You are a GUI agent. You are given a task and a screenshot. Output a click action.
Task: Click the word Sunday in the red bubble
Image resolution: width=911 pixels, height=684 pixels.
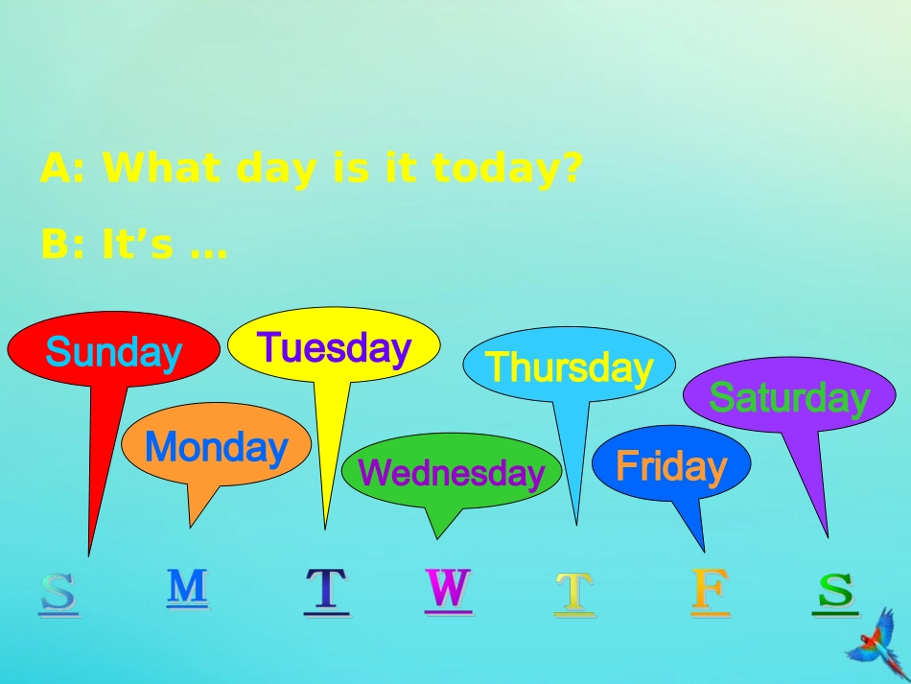(113, 352)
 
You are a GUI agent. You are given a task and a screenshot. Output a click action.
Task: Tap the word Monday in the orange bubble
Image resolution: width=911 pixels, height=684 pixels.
(216, 447)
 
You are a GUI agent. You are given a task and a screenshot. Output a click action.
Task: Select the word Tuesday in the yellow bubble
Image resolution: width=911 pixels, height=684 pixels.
(334, 347)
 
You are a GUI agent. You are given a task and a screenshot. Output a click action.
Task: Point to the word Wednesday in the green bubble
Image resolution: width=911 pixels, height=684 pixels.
(451, 472)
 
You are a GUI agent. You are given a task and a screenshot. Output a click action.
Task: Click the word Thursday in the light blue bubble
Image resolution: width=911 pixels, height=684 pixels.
(569, 366)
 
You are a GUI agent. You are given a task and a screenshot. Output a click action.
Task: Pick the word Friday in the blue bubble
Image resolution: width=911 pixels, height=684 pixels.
(671, 466)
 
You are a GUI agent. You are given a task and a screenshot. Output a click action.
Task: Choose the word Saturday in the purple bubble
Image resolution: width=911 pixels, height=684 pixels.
(788, 397)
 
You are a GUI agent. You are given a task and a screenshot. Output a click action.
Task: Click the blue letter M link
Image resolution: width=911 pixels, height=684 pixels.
(187, 586)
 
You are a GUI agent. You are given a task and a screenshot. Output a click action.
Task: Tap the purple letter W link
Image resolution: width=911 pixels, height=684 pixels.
(449, 588)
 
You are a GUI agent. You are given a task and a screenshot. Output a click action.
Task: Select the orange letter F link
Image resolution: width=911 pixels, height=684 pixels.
(711, 590)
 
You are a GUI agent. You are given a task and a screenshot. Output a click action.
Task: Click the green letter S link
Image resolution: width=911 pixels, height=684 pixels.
(835, 590)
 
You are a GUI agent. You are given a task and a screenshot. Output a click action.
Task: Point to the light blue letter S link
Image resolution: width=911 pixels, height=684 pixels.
(58, 594)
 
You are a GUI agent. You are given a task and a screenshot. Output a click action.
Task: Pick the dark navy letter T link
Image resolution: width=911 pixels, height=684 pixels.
(327, 590)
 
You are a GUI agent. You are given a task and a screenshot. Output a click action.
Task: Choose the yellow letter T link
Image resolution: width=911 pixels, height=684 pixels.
(574, 593)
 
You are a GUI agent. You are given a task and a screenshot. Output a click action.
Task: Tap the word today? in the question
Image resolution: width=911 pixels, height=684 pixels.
(507, 169)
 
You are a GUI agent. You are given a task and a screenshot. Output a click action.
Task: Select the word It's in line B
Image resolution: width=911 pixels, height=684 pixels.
(138, 246)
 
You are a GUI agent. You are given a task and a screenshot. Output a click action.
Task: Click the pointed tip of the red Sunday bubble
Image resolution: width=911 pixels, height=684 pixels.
(89, 554)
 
